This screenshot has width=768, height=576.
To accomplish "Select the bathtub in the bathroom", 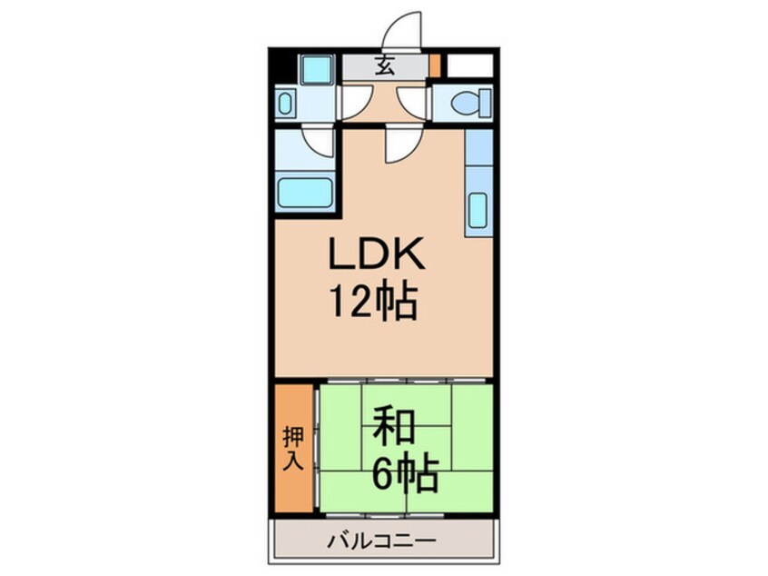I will (304, 194).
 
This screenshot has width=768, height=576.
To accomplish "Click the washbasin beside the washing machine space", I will (284, 103).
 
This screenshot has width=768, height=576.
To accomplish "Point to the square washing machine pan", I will (316, 70).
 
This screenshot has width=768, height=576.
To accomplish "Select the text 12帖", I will (374, 302).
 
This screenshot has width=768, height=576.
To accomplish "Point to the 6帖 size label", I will (406, 472).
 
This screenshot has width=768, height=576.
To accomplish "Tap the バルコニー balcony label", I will (382, 541).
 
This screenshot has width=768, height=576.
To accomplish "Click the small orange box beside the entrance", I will (435, 66).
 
